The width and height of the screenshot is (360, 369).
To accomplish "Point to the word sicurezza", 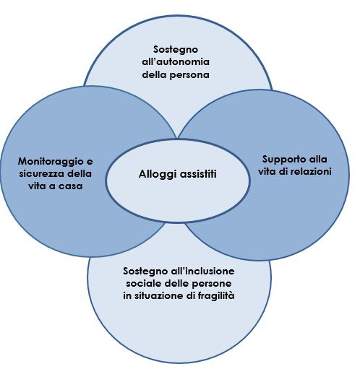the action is (x=41, y=173).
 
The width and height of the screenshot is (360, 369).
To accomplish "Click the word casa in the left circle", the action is (x=71, y=186).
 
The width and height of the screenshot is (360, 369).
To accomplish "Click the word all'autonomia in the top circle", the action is (x=176, y=62).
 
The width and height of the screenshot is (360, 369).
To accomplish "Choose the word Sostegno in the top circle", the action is (x=176, y=50).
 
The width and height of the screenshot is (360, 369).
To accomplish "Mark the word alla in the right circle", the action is (x=317, y=159).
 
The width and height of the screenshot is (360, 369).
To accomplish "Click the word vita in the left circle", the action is (x=36, y=186).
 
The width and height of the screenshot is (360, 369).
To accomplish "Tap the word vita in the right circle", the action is (x=266, y=171).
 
